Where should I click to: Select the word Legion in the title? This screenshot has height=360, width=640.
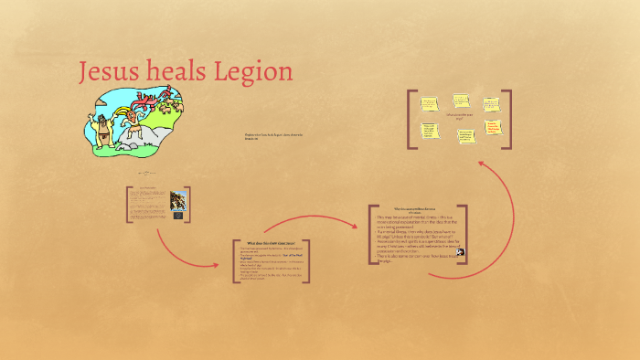[x=257, y=71]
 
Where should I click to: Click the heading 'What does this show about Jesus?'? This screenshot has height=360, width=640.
[x=272, y=242]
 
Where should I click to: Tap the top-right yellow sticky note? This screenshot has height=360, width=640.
[x=491, y=103]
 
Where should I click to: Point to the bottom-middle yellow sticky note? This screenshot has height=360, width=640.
[x=464, y=135]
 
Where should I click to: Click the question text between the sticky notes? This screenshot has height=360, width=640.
[x=459, y=117]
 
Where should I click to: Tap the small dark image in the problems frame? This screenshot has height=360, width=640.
[x=460, y=252]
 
